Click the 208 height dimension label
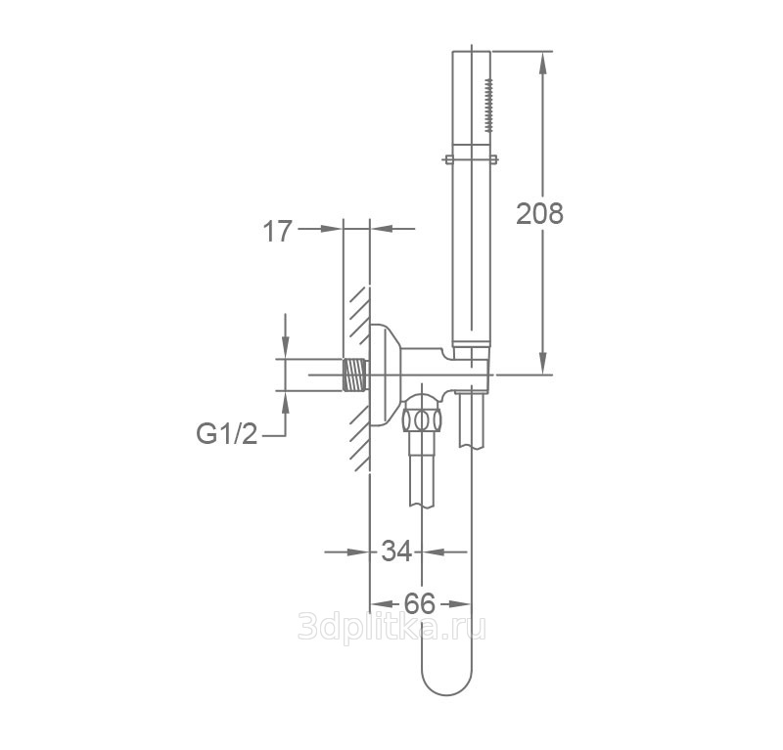[x=539, y=213]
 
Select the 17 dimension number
[x=277, y=231]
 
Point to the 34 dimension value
[x=396, y=551]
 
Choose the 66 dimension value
[x=420, y=603]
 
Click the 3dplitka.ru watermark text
[x=391, y=626]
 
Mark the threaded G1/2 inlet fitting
[x=355, y=375]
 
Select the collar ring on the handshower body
[x=471, y=159]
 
